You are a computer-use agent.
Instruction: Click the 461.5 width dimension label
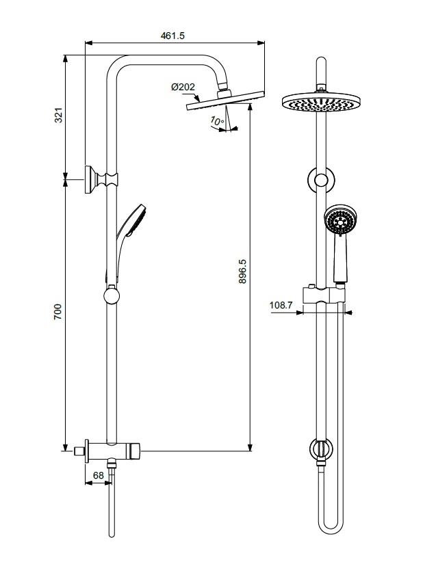[173, 36]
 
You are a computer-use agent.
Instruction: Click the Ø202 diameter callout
[183, 87]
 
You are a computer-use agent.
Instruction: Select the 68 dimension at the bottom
[98, 475]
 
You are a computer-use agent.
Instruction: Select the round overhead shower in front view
[320, 103]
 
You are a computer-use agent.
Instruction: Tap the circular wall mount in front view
[320, 179]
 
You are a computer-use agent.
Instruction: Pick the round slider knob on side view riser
[111, 295]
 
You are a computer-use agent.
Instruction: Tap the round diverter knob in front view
[321, 449]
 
